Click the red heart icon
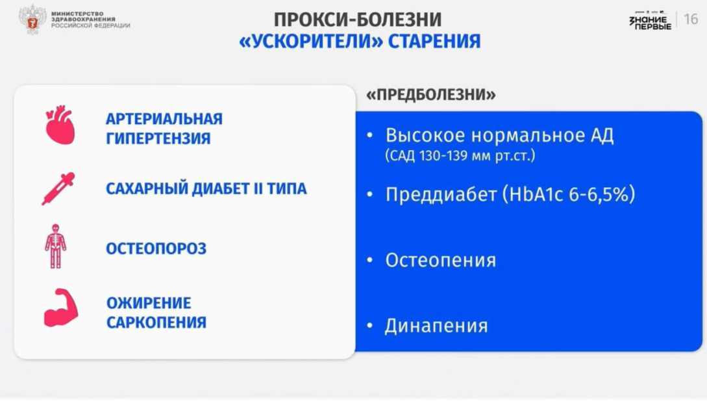60,125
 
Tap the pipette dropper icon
58,189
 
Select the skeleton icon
55,246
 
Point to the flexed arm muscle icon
61,307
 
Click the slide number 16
691,20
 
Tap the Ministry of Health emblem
32,20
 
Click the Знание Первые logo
650,21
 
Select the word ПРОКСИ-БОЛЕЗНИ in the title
358,20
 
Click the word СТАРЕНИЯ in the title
434,42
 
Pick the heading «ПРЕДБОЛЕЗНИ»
430,95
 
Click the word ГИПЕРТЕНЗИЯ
158,138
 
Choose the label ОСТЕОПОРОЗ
156,249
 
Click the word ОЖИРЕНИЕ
149,303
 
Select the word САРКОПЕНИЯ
156,322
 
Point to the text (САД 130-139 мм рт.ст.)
460,156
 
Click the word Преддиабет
441,194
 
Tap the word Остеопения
441,261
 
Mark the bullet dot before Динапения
370,325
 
